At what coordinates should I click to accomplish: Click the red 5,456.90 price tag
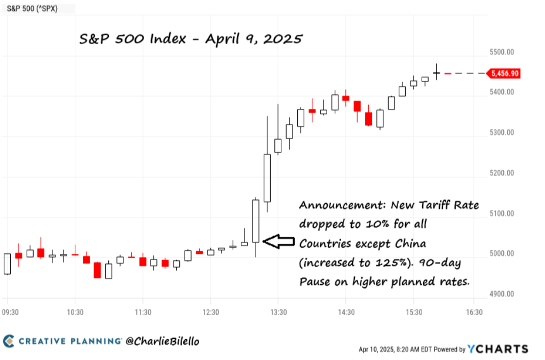[505, 74]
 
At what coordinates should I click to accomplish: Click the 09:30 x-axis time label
[11, 313]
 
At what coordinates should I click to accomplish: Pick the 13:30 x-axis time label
[279, 313]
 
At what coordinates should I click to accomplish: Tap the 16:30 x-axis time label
[474, 313]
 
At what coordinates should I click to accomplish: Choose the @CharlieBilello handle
[162, 341]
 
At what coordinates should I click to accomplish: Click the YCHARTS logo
[497, 349]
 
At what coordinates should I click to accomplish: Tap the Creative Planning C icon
[9, 341]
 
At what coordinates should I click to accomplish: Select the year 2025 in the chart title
[283, 39]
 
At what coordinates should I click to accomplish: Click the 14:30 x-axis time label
[346, 313]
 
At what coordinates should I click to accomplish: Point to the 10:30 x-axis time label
[75, 313]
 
